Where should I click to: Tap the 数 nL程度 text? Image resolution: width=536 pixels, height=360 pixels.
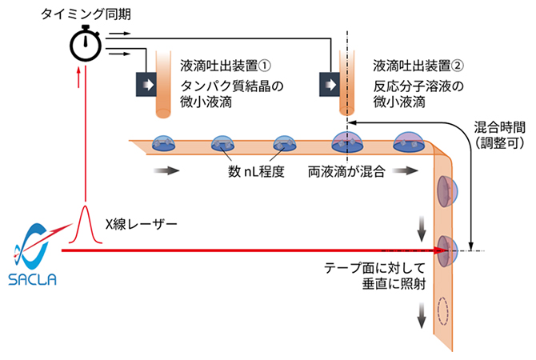(x=257, y=171)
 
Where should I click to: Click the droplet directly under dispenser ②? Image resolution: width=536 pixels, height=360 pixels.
(x=346, y=142)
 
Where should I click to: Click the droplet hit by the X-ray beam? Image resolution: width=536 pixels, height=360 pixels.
(x=445, y=250)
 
